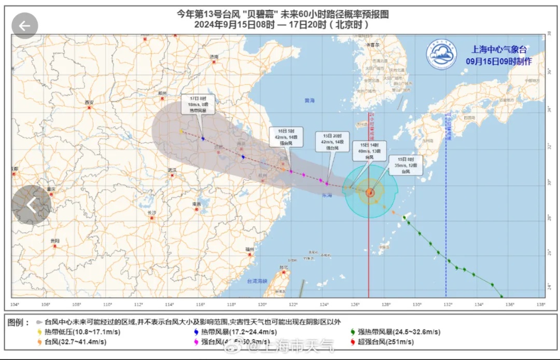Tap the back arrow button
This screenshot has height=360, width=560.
click(25, 25)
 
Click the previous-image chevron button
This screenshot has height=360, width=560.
click(31, 205)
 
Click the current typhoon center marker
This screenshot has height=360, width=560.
click(370, 192)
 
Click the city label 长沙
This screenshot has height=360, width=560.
click(151, 213)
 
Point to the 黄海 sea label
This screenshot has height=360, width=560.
click(310, 100)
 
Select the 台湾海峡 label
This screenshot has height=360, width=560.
click(256, 281)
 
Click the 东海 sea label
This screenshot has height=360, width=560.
click(326, 196)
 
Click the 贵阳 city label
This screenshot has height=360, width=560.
click(54, 241)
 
